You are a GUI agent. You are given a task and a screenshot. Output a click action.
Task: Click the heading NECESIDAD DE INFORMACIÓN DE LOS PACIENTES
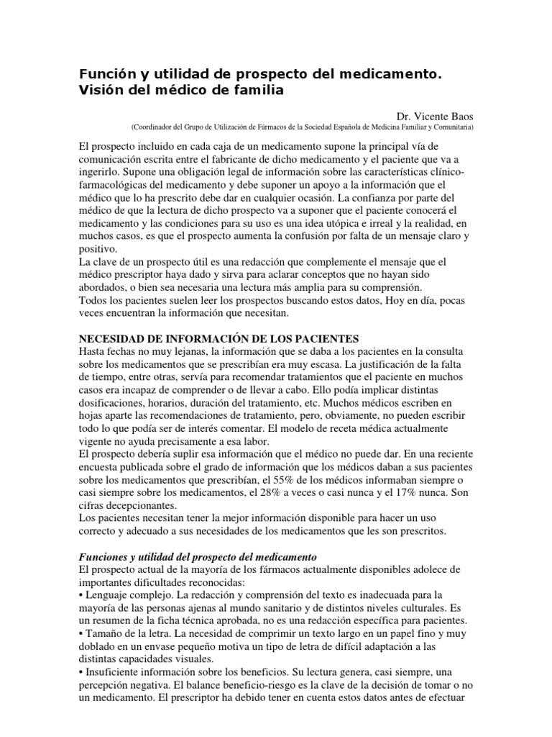point(218,338)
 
